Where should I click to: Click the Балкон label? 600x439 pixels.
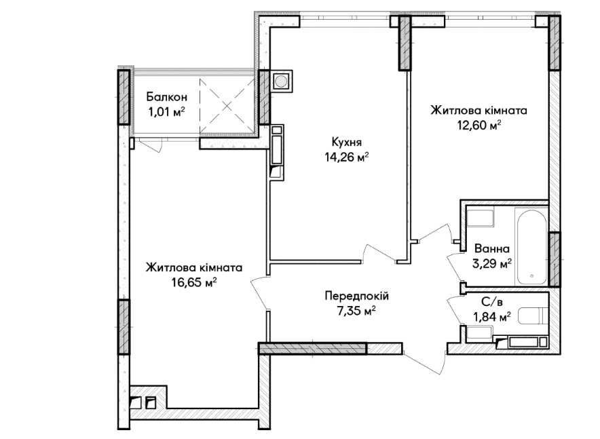click(167, 97)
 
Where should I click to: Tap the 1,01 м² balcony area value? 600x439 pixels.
click(167, 113)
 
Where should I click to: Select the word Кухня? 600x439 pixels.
click(347, 142)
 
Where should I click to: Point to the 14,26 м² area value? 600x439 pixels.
click(347, 157)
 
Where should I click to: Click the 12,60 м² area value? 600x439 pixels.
click(479, 126)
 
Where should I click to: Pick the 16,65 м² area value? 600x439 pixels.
click(194, 282)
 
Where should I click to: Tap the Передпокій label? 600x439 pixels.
click(357, 296)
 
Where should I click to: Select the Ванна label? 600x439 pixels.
click(492, 249)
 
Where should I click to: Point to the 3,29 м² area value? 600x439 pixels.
click(492, 264)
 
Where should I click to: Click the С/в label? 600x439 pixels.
click(492, 303)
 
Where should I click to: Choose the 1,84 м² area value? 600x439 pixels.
click(492, 317)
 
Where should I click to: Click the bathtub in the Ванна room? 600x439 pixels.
click(531, 246)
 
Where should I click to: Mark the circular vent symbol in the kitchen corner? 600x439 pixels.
click(281, 81)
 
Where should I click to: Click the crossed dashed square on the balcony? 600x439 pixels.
click(227, 106)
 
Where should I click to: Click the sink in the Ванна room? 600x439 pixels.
click(481, 217)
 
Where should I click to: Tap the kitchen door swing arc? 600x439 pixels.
click(379, 253)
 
